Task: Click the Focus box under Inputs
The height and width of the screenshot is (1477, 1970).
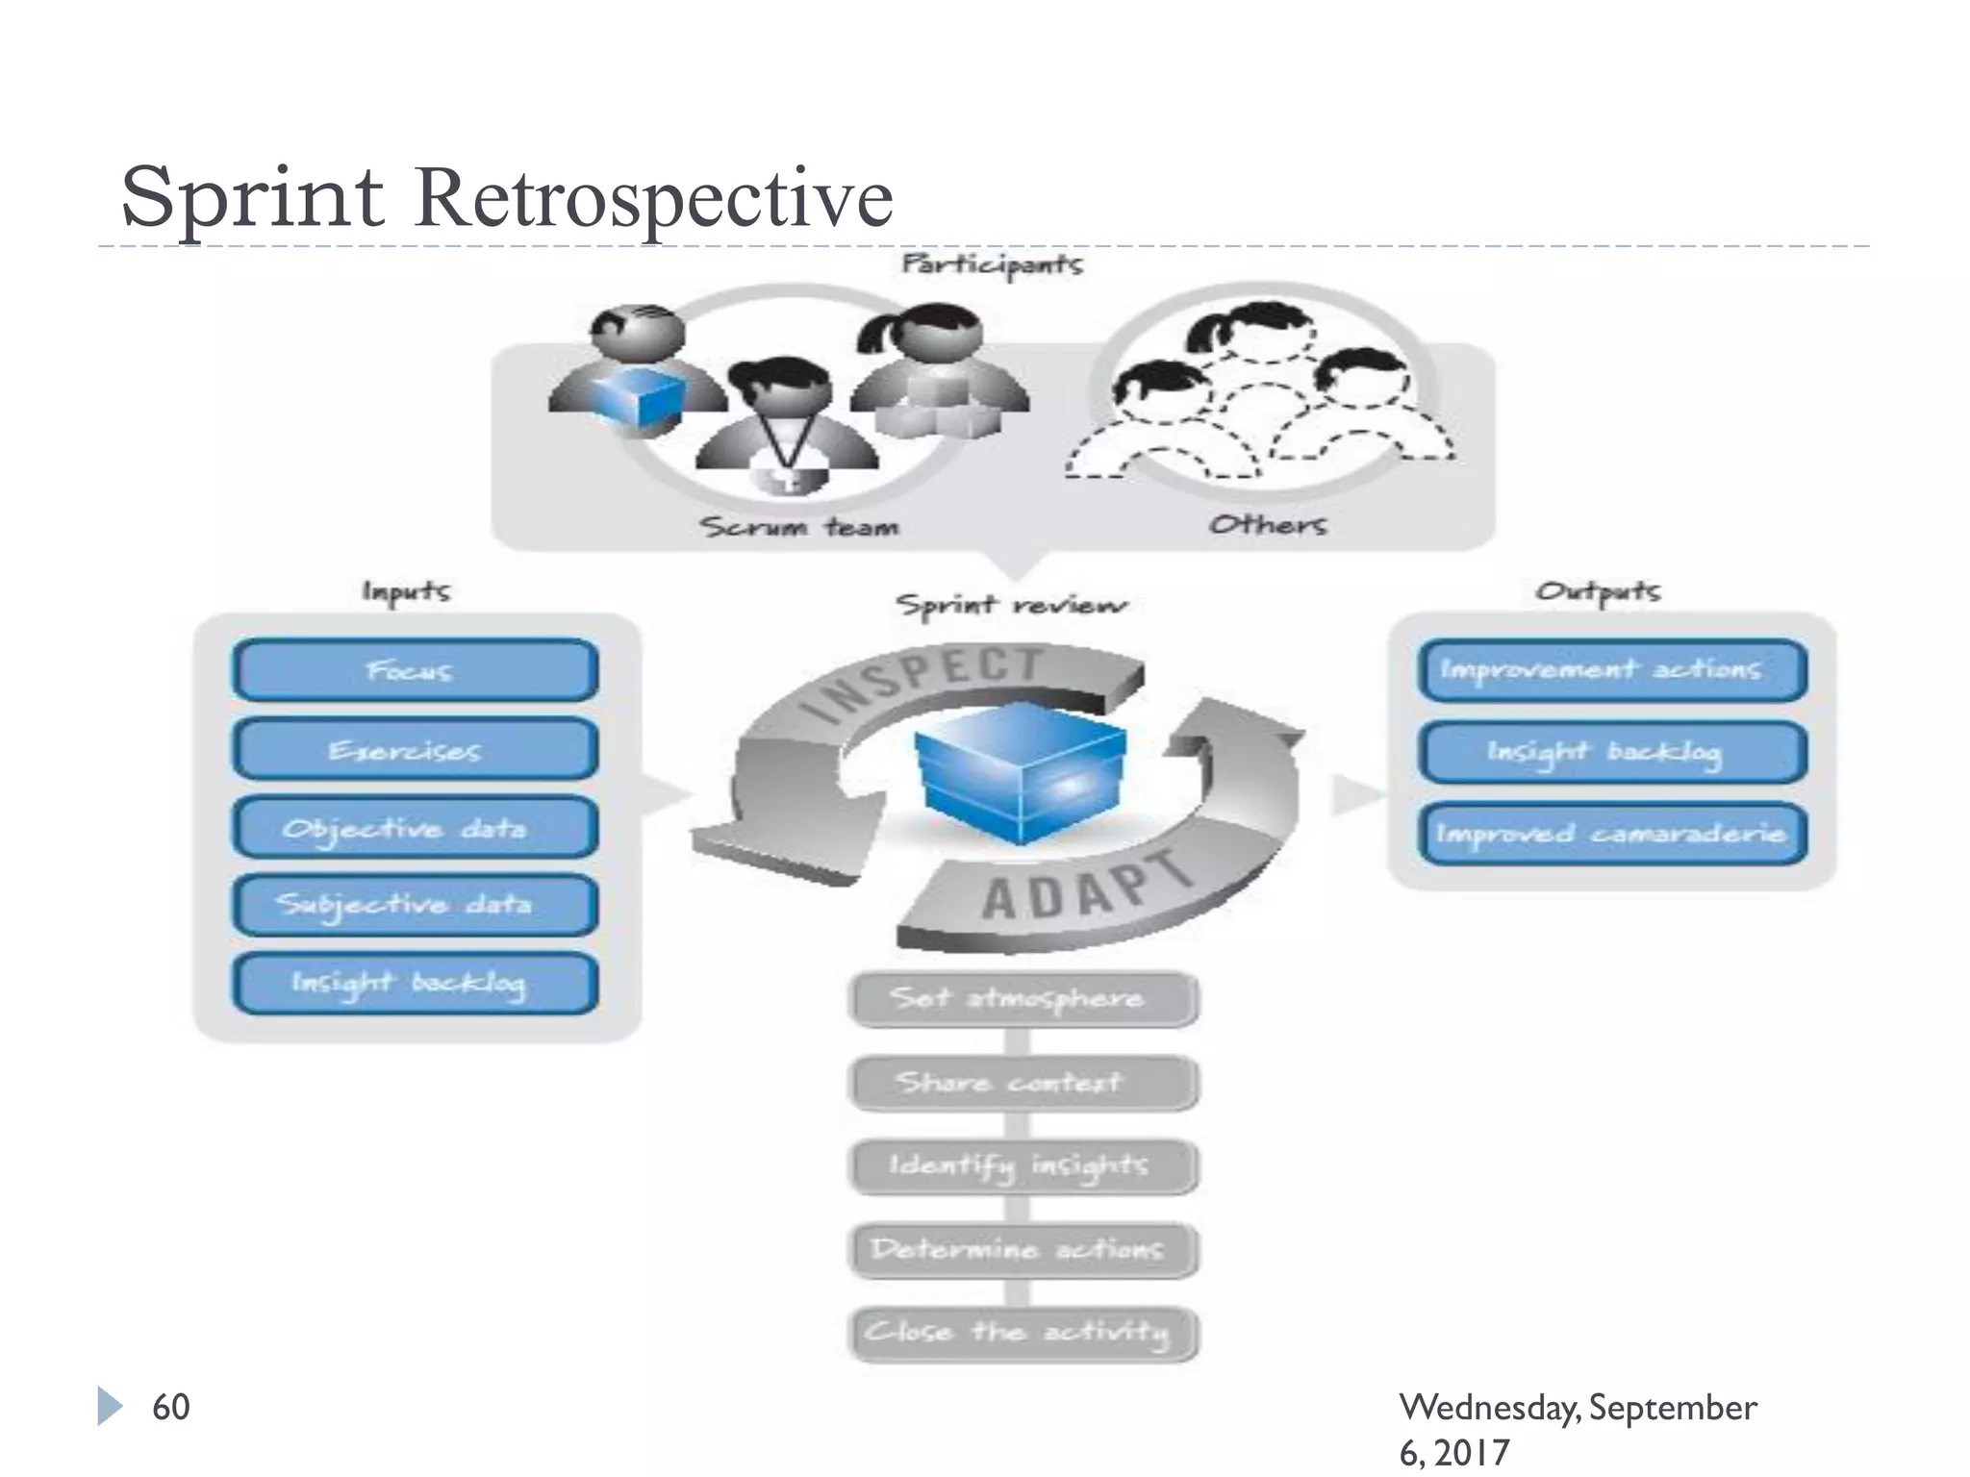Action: point(415,670)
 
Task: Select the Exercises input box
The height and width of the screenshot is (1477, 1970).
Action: point(415,749)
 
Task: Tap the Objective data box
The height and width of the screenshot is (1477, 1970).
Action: point(415,828)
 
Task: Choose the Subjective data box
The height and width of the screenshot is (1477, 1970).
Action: point(415,905)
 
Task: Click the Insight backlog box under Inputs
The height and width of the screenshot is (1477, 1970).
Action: point(415,983)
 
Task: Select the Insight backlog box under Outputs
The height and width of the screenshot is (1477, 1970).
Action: point(1612,751)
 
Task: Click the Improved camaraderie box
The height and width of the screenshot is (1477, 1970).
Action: point(1612,833)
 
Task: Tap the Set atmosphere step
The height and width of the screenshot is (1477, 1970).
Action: point(1023,999)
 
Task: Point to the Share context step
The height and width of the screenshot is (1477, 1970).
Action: point(1023,1083)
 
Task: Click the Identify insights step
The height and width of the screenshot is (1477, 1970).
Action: point(1023,1166)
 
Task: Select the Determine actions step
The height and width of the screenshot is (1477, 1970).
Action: point(1023,1250)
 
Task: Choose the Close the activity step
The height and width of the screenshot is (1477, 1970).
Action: point(1023,1334)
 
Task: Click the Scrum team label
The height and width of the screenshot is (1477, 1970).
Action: point(799,527)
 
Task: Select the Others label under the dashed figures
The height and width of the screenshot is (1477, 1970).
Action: point(1267,525)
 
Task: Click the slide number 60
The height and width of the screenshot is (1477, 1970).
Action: point(171,1407)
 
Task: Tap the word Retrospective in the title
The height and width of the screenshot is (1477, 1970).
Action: point(654,198)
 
